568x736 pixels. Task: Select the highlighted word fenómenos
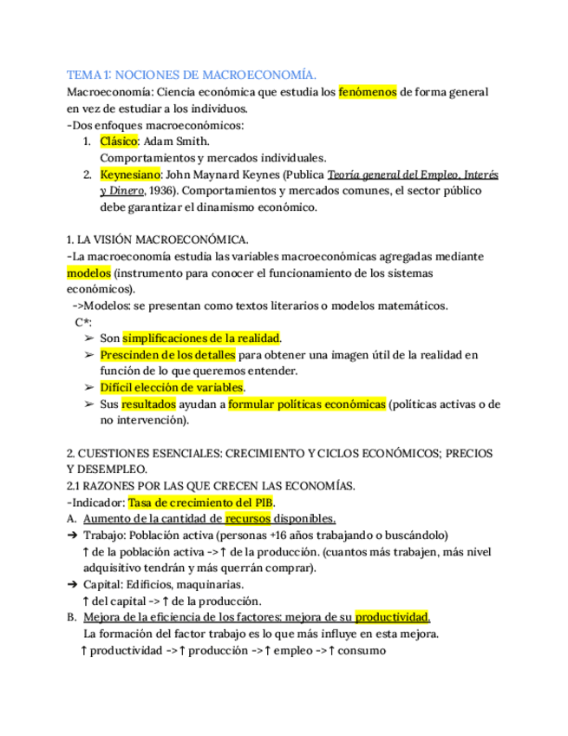click(367, 92)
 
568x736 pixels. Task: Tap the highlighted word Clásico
click(119, 141)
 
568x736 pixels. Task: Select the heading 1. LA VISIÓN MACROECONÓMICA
click(158, 240)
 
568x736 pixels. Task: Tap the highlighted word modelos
click(88, 273)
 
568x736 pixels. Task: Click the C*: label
click(83, 322)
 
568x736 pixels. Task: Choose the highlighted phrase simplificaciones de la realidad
click(202, 338)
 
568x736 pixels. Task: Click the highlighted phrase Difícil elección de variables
click(173, 387)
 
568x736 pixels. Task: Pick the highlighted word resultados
click(148, 404)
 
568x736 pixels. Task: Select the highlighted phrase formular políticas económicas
click(307, 404)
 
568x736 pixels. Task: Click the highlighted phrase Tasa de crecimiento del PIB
click(201, 503)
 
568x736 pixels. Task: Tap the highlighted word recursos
click(248, 519)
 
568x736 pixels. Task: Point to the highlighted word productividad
click(392, 617)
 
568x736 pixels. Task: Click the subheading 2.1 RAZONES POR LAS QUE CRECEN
click(211, 486)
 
